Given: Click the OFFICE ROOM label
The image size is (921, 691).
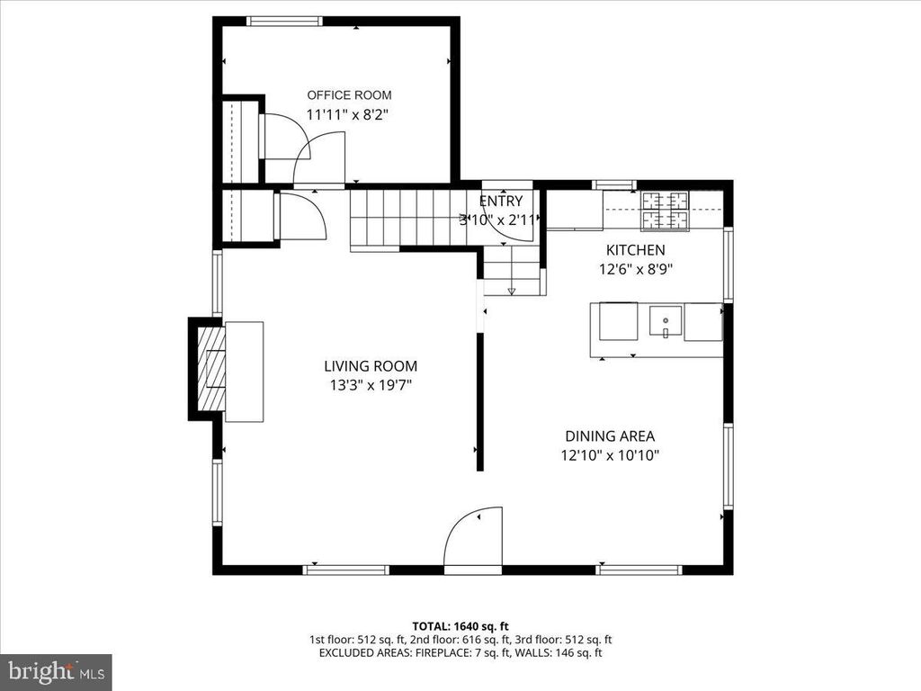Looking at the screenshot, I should coord(349,95).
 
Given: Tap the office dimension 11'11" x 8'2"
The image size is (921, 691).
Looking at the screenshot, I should coord(349,114).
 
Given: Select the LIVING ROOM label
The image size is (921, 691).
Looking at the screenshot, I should coord(371,366).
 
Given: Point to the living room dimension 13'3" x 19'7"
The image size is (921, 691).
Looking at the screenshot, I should coord(371,385).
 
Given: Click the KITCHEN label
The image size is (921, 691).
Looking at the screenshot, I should coord(635,250).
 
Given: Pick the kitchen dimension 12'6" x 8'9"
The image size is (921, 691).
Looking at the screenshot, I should coord(635,268).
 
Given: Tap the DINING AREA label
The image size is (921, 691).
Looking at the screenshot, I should coord(610,436).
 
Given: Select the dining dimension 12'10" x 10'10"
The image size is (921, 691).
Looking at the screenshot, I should coord(610,455).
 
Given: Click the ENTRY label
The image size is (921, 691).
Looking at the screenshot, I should coord(500,202).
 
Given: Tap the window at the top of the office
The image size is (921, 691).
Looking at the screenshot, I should coord(284,21).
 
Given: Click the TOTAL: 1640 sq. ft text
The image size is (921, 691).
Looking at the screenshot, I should coord(460,625).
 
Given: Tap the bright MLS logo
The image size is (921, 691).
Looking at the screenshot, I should coord(56,671).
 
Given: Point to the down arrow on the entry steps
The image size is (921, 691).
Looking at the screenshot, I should coord(512,291).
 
